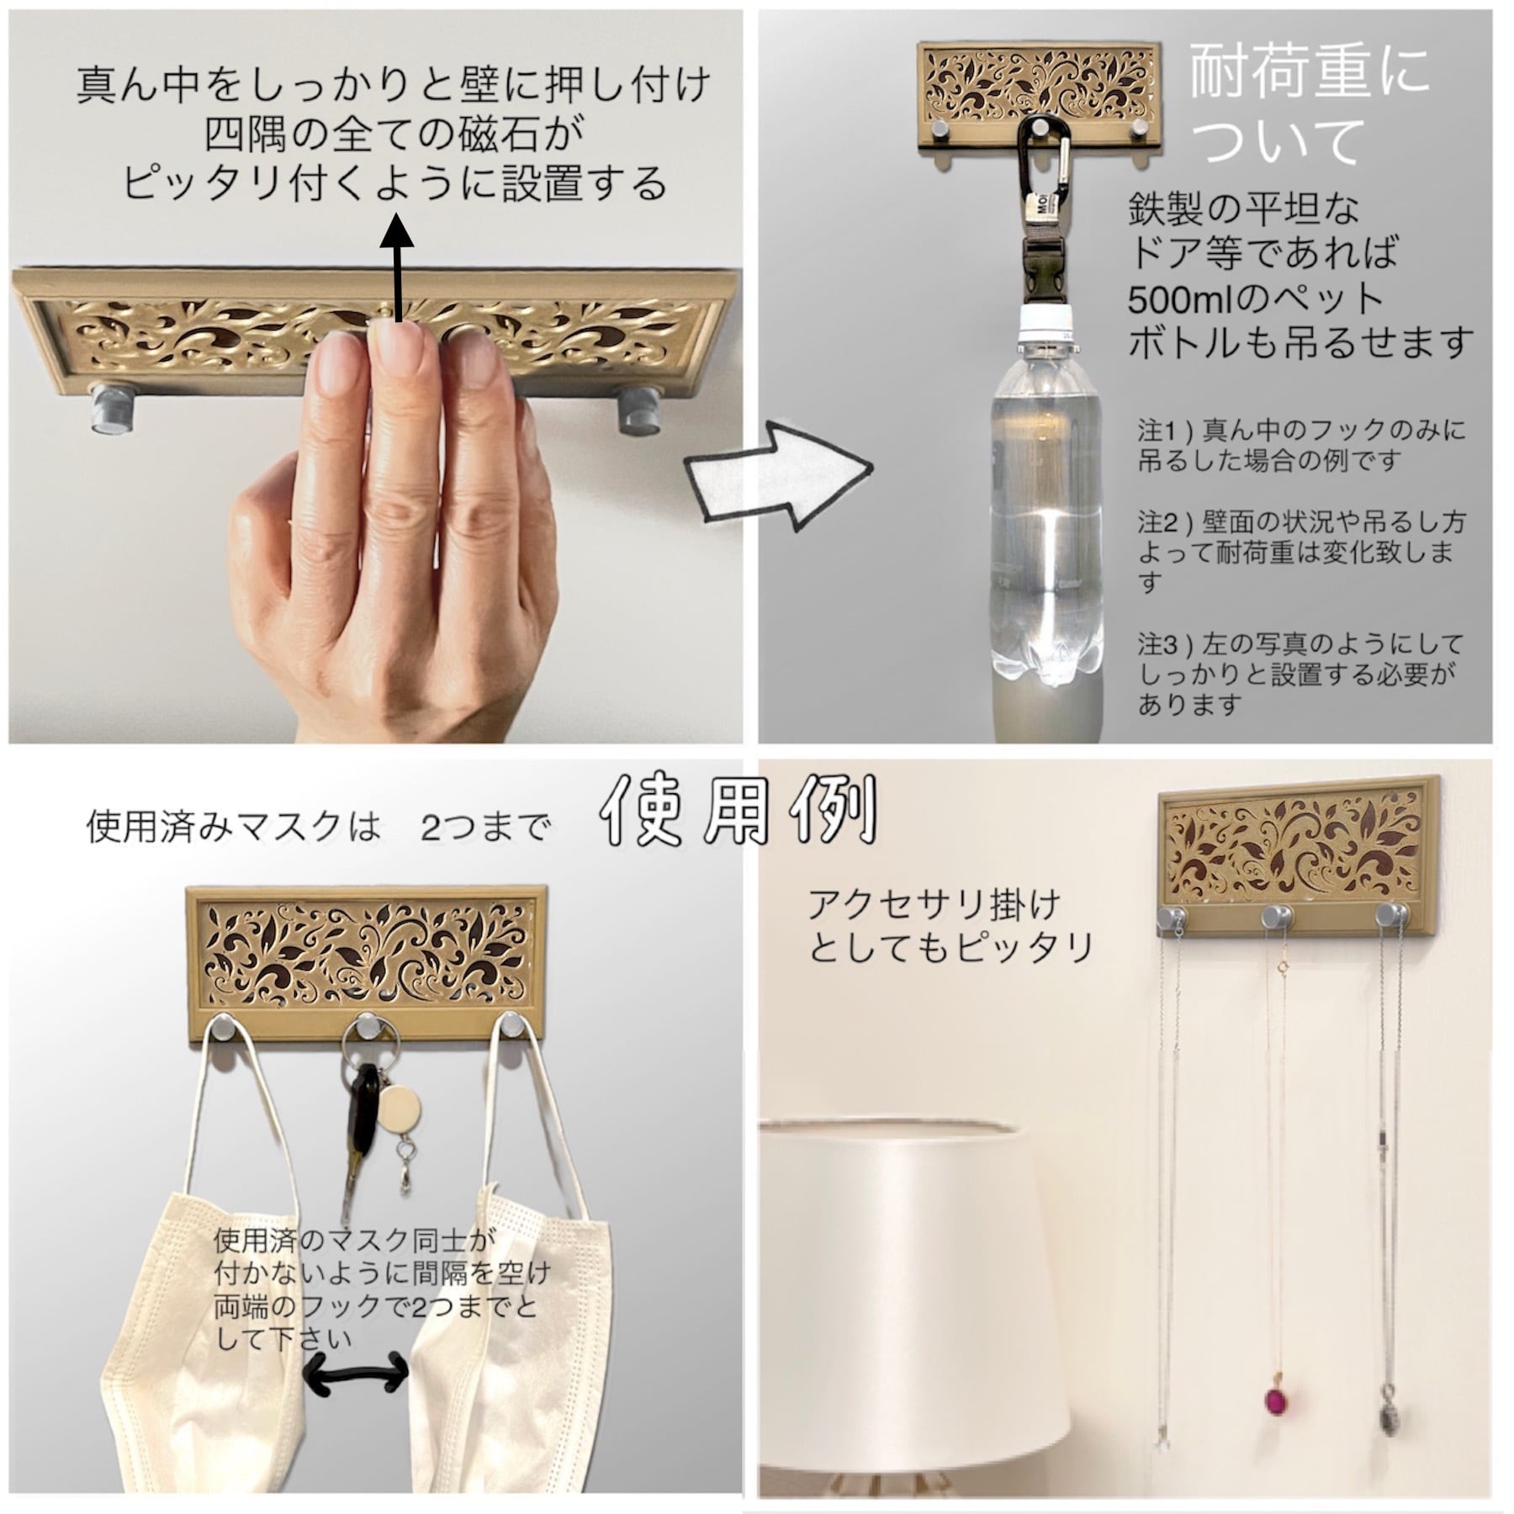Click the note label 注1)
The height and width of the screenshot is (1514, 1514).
(x=1166, y=431)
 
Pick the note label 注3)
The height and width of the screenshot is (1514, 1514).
(x=1166, y=646)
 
